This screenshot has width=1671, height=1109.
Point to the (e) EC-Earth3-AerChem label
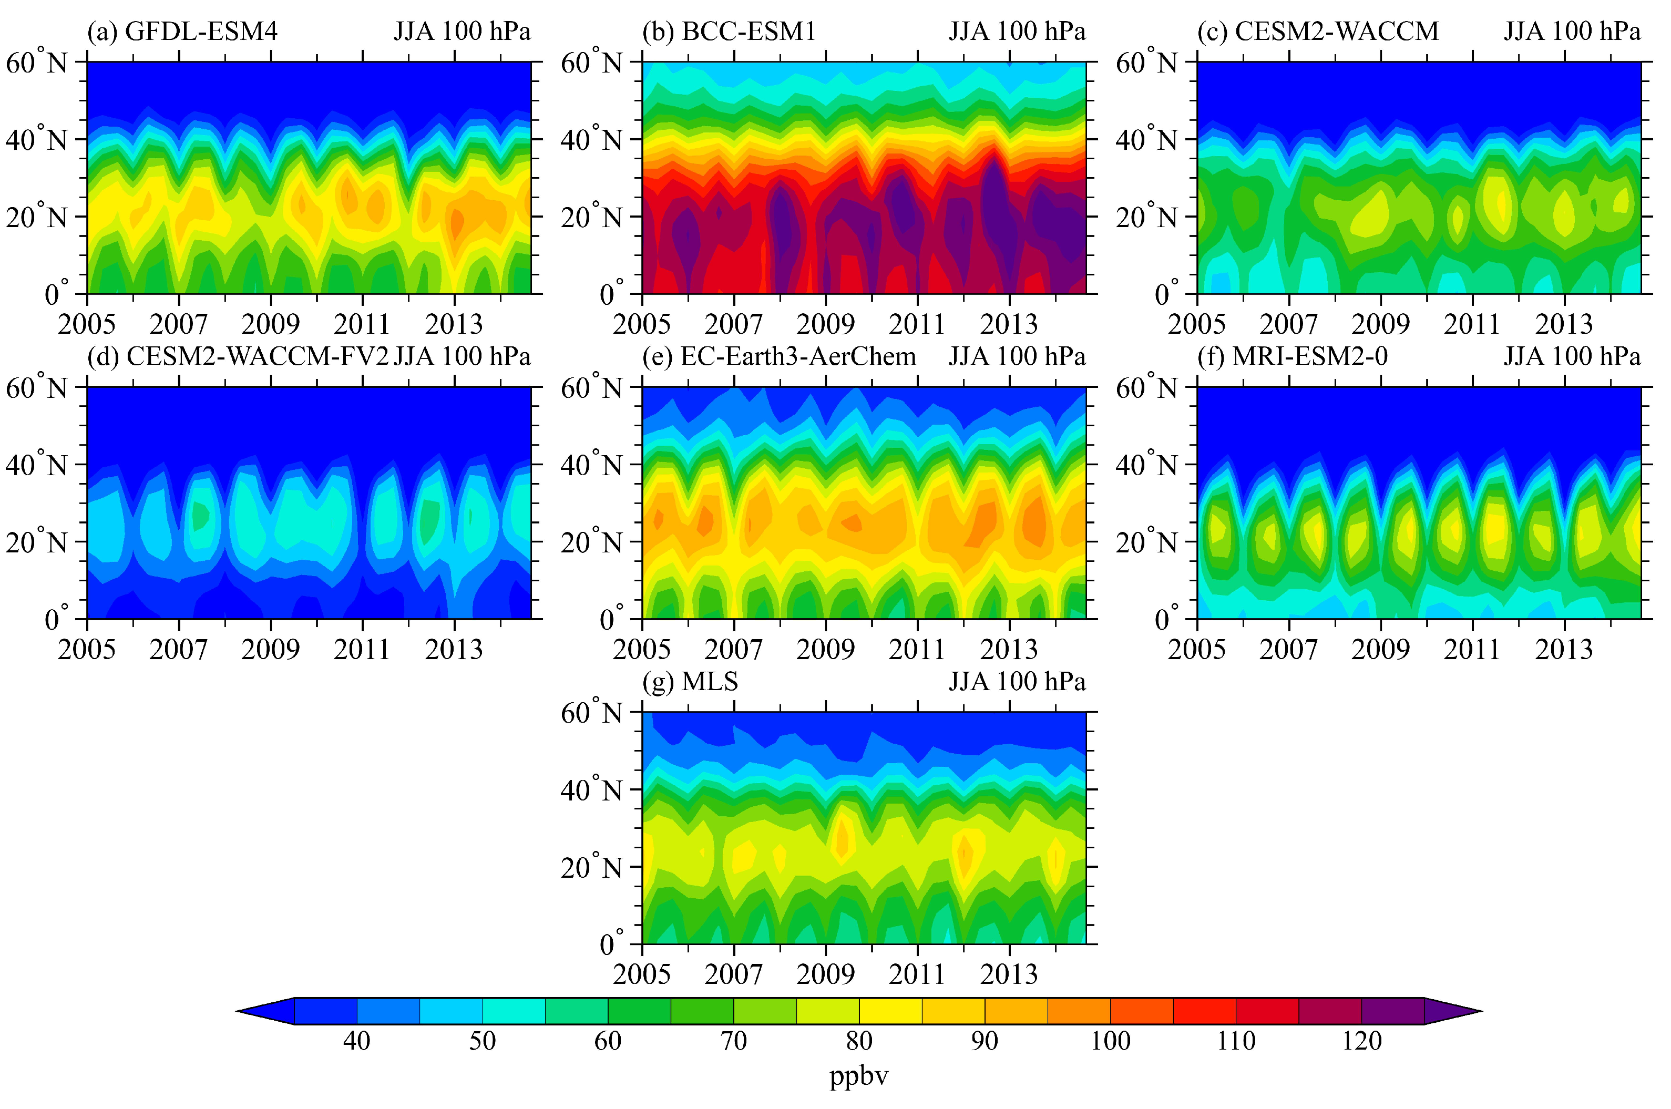(x=778, y=356)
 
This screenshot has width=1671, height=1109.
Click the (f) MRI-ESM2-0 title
(x=1292, y=356)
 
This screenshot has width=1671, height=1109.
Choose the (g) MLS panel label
(x=690, y=681)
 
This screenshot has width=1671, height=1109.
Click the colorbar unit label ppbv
(x=858, y=1076)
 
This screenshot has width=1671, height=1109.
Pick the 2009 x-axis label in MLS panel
(x=825, y=974)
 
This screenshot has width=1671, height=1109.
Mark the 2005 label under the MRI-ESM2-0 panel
(x=1196, y=649)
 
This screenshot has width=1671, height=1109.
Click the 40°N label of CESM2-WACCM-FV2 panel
(x=36, y=465)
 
